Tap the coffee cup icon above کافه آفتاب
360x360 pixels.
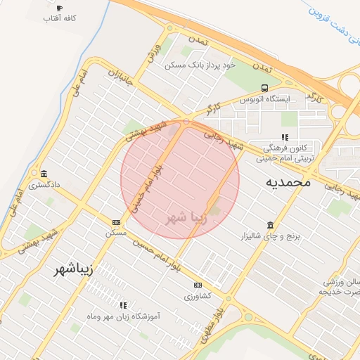click(x=59, y=8)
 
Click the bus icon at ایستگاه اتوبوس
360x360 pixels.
click(x=264, y=89)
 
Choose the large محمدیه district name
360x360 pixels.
click(x=288, y=181)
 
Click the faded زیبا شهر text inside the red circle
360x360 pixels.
click(x=186, y=217)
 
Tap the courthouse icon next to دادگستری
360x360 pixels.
click(x=44, y=174)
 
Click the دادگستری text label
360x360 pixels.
click(x=45, y=186)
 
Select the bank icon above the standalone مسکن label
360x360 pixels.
click(x=116, y=222)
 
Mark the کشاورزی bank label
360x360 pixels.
click(x=198, y=297)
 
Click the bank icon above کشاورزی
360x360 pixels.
click(x=198, y=285)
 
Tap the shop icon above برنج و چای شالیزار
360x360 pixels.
click(x=271, y=225)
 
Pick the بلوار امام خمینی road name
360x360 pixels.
click(x=148, y=185)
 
